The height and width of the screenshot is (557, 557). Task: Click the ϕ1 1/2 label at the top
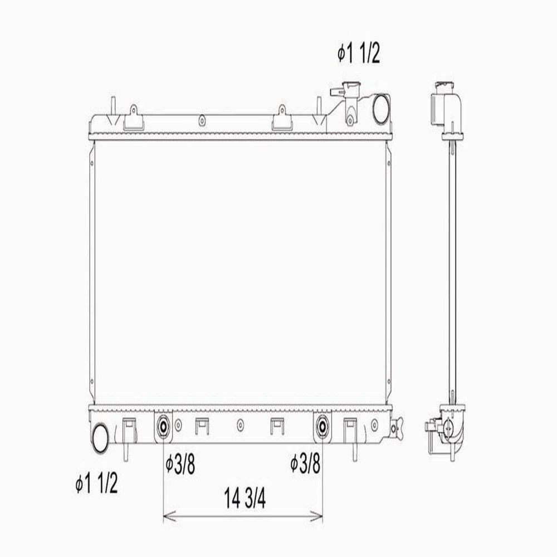pos(359,54)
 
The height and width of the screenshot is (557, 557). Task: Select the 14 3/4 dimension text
pos(245,498)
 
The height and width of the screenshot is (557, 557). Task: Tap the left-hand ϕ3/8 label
pos(180,465)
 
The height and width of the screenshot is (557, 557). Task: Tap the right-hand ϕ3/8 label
pos(305,463)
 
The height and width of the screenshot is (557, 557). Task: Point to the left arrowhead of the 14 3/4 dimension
pos(169,516)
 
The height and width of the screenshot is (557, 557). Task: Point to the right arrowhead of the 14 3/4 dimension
pos(316,516)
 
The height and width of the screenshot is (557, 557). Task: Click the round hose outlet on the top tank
pos(380,109)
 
